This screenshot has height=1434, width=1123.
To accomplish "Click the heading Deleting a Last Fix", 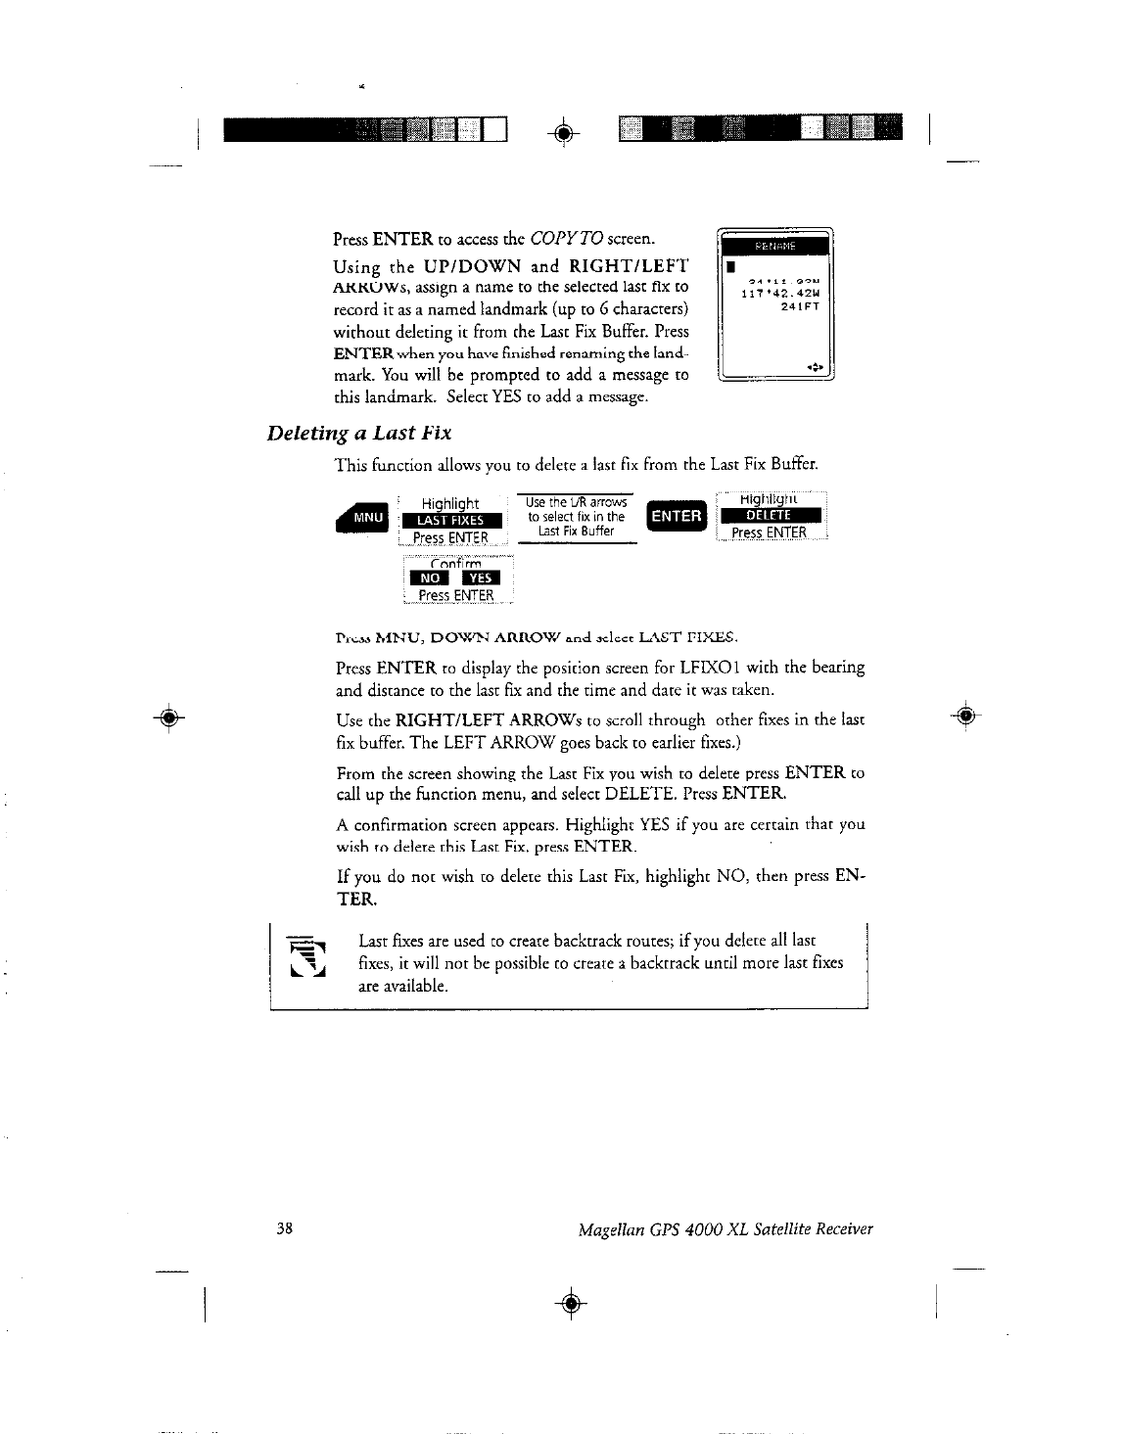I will [x=358, y=433].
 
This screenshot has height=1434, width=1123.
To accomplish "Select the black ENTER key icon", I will [x=676, y=516].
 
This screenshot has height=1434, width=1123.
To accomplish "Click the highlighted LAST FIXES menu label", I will [x=450, y=521].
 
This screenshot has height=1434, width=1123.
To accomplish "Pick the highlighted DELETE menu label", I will [x=772, y=517].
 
